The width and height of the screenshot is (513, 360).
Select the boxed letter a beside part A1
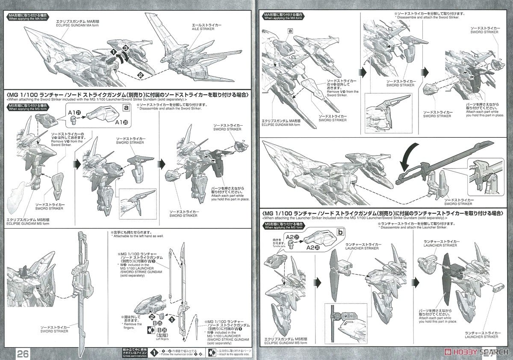point(126,108)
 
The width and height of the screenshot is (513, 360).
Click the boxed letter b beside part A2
point(340,231)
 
